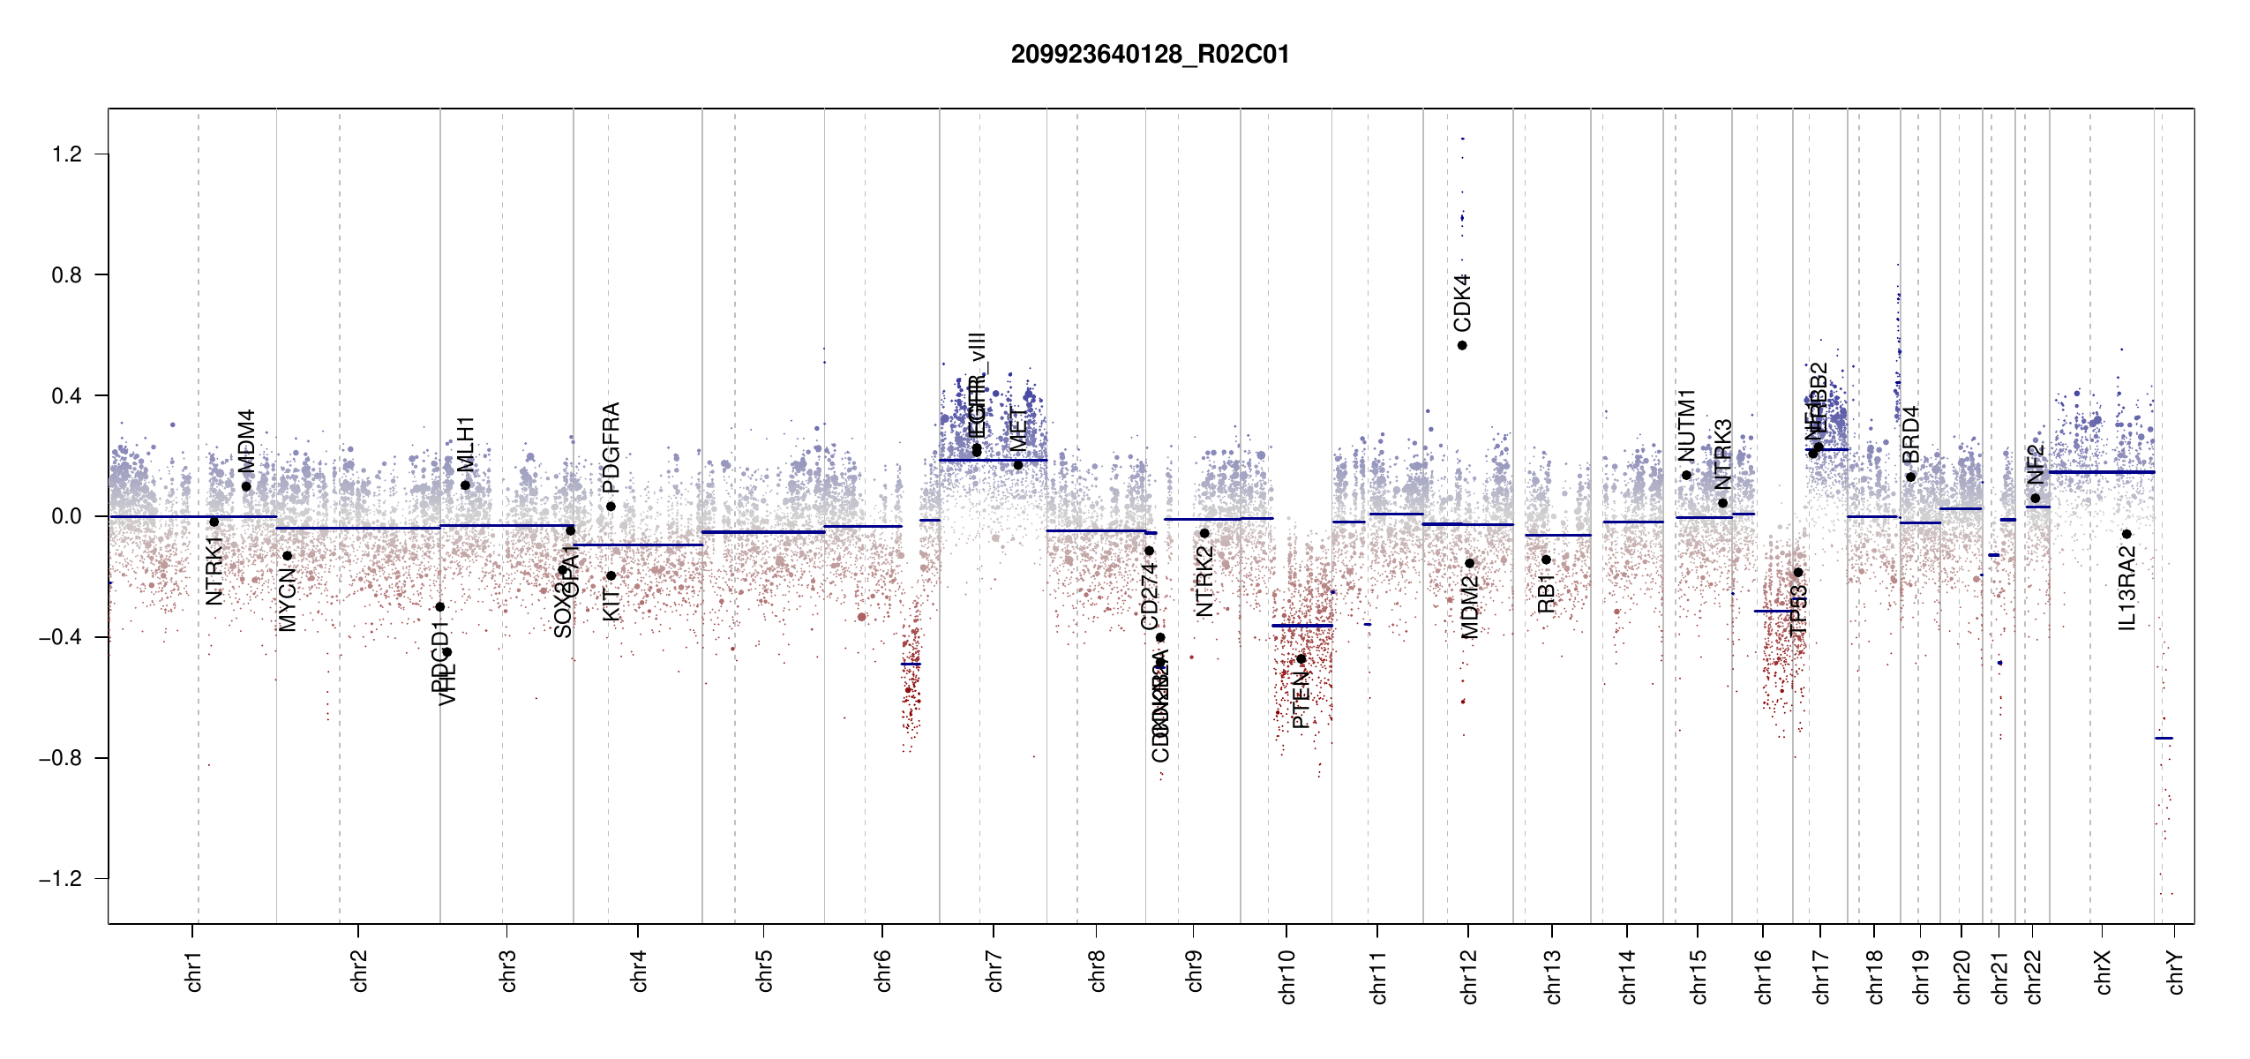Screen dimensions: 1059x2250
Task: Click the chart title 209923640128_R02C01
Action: (x=1150, y=55)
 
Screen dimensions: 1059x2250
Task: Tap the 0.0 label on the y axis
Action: (x=66, y=516)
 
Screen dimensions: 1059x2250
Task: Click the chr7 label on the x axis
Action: (x=994, y=971)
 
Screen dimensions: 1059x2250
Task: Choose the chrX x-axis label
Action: (x=2103, y=972)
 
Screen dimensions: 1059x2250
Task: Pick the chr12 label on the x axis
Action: (x=1469, y=976)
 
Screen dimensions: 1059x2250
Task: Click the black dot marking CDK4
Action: (x=1462, y=345)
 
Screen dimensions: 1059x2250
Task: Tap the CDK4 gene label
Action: (x=1462, y=303)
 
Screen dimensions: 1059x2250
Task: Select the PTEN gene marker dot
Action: (x=1301, y=659)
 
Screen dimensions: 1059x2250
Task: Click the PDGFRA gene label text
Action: (x=611, y=447)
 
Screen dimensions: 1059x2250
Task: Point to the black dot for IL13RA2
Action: (x=2126, y=534)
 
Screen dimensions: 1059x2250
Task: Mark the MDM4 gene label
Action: (x=246, y=441)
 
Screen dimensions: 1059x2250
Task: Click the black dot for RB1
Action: (x=1546, y=560)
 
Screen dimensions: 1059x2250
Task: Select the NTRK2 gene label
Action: (x=1204, y=581)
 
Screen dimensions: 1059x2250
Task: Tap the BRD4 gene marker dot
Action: (x=1910, y=477)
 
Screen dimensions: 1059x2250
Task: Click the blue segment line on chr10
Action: (x=1301, y=626)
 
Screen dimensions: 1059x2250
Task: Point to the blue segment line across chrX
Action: (x=2100, y=472)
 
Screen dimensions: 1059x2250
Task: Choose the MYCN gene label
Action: (x=287, y=599)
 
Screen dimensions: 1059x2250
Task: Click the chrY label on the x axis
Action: (x=2176, y=972)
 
